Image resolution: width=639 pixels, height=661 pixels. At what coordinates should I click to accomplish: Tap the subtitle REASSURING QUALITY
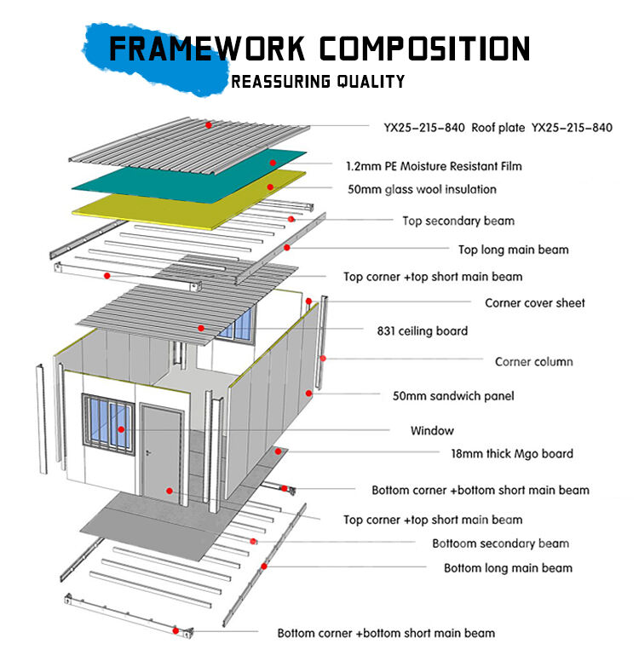(x=318, y=82)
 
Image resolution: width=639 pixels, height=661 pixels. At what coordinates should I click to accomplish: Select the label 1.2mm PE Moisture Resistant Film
(x=434, y=165)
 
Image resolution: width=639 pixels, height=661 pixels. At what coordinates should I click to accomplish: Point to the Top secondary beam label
(x=458, y=221)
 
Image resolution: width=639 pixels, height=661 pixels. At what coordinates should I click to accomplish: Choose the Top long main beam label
(x=513, y=250)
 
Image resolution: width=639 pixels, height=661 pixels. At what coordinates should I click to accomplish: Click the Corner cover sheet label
(x=535, y=302)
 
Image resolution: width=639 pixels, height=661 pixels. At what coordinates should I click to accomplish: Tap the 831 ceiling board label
(x=422, y=330)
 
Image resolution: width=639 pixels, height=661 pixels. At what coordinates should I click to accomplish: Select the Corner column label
(x=533, y=361)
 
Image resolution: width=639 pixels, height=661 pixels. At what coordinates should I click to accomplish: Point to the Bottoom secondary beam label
(x=500, y=543)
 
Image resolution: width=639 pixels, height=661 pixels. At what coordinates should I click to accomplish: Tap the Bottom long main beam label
(x=508, y=567)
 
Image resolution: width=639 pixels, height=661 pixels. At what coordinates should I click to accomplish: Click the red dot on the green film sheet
(x=273, y=163)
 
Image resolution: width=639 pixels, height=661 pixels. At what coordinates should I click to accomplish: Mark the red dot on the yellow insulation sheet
(x=270, y=187)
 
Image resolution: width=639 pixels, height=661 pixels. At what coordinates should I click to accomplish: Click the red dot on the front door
(x=170, y=491)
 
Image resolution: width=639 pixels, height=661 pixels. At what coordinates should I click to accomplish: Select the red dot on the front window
(x=123, y=430)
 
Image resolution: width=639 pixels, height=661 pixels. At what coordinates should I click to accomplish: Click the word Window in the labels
(x=432, y=430)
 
